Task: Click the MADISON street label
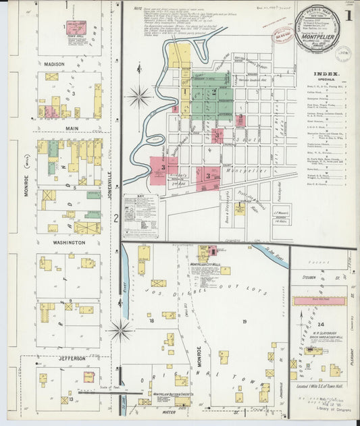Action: coord(54,64)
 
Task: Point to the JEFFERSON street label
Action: coord(72,358)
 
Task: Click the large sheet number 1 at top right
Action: coord(348,16)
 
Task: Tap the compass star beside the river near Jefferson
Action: coord(122,331)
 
